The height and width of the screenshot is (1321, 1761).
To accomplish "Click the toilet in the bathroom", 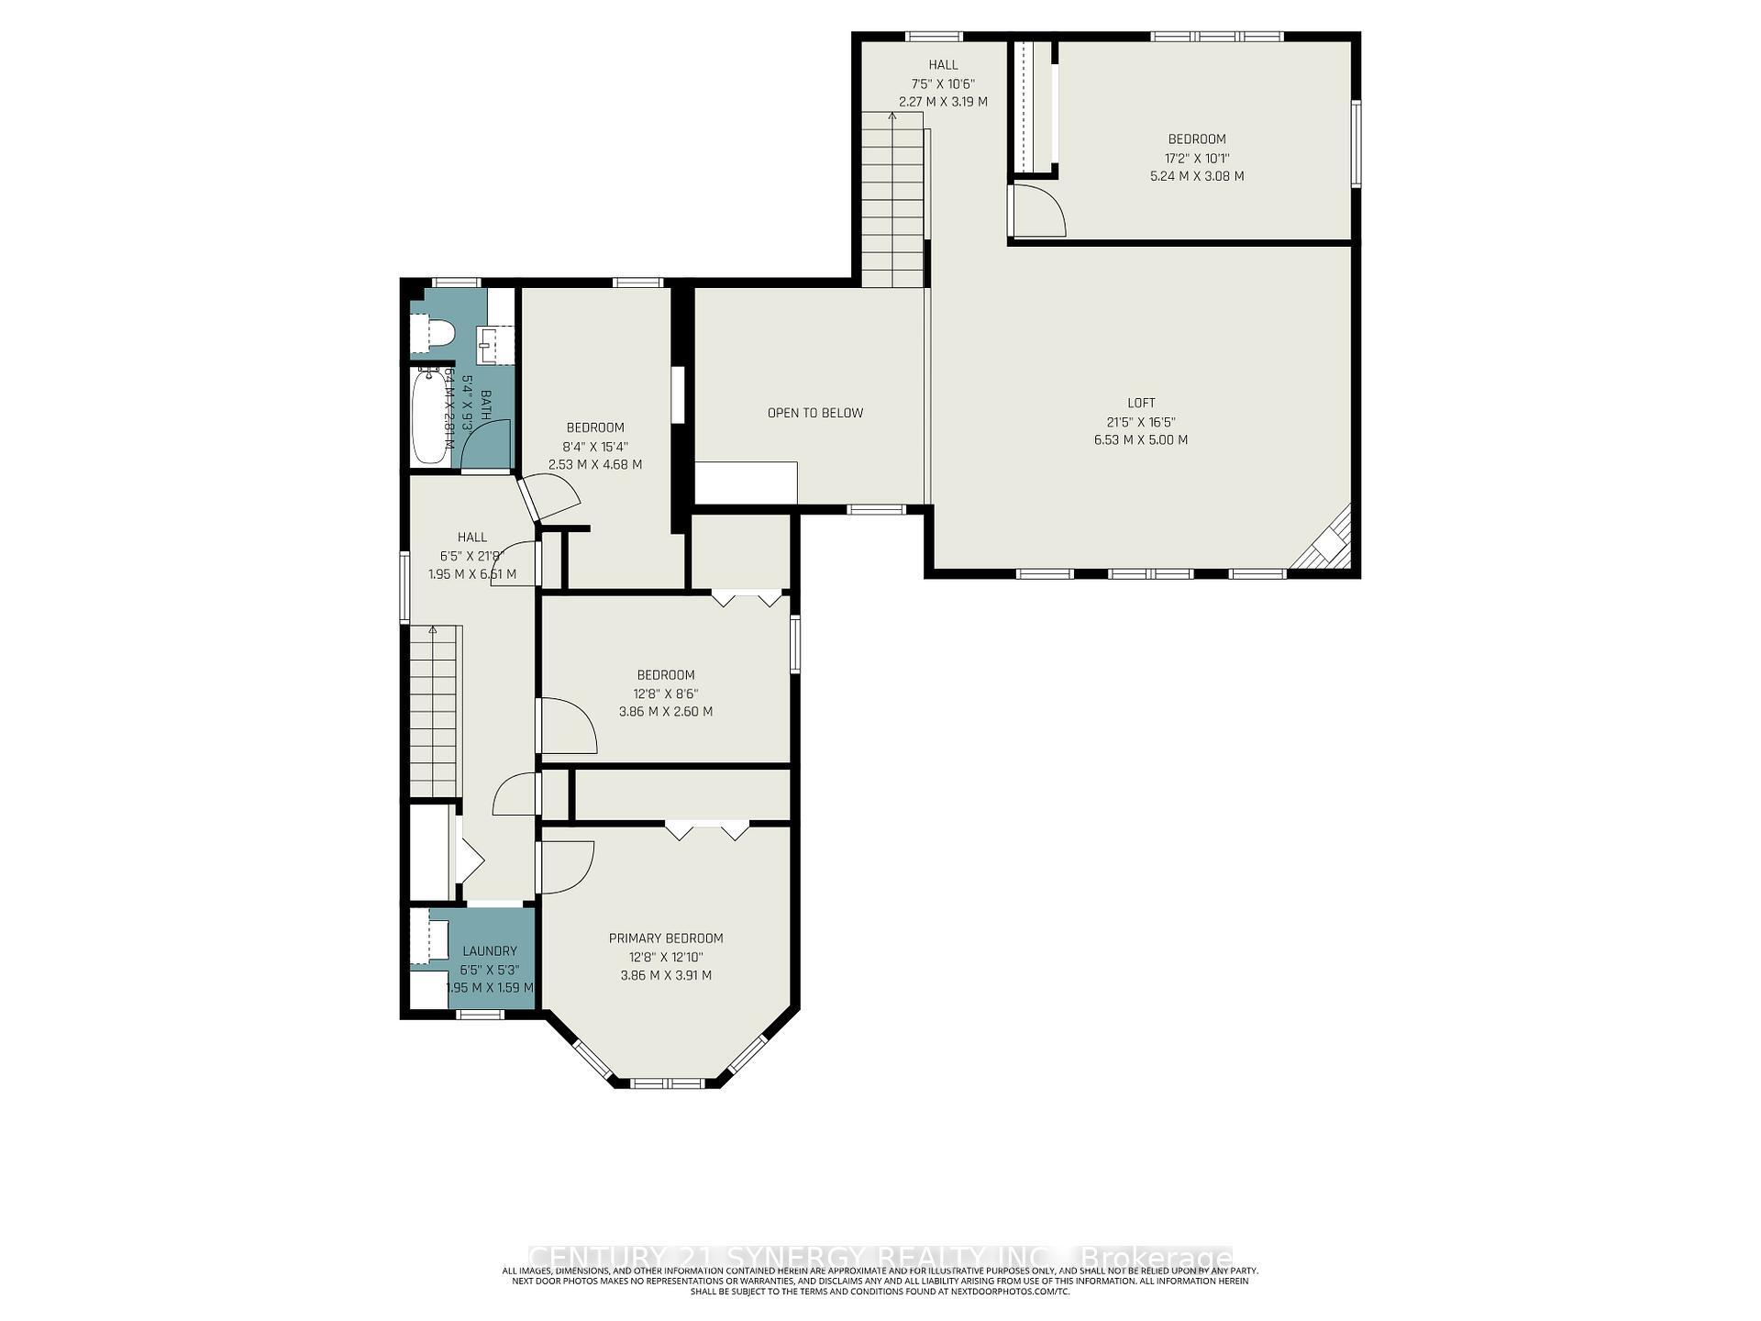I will click(433, 333).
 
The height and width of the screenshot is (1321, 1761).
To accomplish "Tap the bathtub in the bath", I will click(429, 417).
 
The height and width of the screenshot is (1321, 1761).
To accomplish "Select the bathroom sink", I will click(493, 345).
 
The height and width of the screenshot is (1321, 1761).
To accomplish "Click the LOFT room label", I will click(1141, 403).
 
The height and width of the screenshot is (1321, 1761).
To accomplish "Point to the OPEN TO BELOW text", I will click(815, 413).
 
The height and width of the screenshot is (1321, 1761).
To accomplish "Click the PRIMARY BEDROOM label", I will click(666, 938).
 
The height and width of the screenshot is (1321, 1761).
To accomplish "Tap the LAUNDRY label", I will click(490, 951).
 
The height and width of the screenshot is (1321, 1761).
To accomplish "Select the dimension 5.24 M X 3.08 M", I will click(1197, 176).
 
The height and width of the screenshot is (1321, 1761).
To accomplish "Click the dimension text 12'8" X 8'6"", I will click(666, 694).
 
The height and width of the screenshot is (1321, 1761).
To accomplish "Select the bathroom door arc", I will click(484, 447).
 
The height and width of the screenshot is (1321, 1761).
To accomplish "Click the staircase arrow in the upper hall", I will click(892, 117).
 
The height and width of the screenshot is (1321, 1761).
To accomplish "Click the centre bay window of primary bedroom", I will click(667, 1082).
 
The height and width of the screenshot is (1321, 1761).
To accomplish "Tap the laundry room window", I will click(481, 1015).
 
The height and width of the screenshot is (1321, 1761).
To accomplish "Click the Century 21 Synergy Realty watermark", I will click(880, 1256).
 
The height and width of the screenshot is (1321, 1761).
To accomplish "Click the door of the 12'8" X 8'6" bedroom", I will click(567, 725).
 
